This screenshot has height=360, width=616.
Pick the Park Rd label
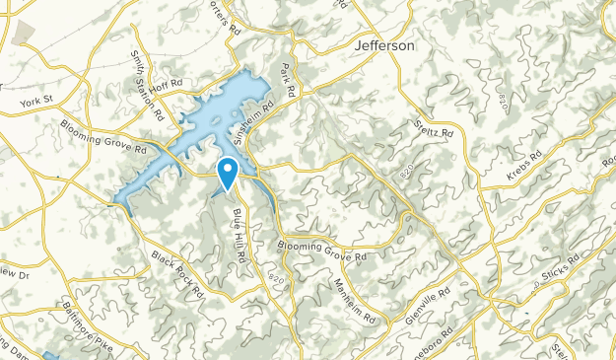tap(289, 78)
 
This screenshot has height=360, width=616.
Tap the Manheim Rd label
tap(355, 288)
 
